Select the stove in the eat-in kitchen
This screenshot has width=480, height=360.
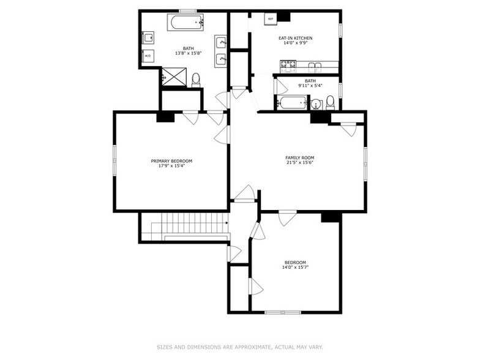288,64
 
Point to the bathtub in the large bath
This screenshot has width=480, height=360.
186,23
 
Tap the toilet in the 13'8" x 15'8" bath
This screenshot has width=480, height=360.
196,79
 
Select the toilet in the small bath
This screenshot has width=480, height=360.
330,101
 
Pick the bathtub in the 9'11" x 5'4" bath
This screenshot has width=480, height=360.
292,102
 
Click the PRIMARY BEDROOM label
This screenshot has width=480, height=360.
171,161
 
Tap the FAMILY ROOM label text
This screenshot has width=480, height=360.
299,157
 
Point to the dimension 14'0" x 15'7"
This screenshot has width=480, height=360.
294,268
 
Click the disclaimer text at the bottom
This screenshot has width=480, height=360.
239,347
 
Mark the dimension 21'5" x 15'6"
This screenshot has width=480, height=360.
299,163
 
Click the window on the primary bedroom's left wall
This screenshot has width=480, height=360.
114,162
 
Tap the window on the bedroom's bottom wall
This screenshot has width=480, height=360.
283,313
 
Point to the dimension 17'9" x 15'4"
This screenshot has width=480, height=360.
171,167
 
